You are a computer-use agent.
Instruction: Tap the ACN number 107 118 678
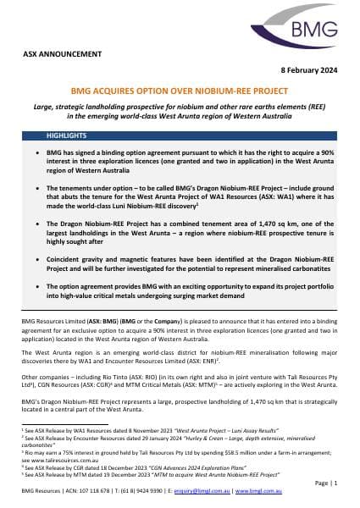[78, 489]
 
